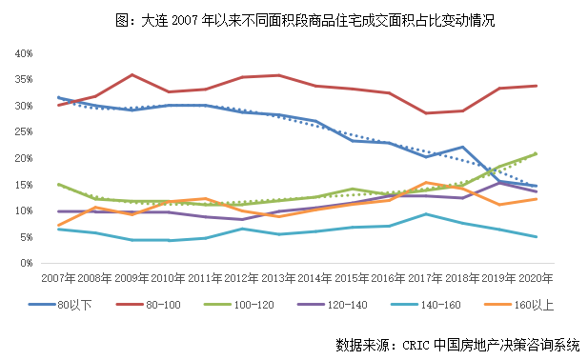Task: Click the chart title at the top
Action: point(294,18)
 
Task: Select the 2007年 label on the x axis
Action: point(58,277)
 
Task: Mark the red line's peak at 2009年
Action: point(132,74)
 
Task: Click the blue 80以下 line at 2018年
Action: point(462,148)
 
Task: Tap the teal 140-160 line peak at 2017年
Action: point(426,214)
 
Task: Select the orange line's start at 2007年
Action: point(58,225)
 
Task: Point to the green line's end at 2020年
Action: point(537,153)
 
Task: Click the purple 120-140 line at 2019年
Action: point(499,182)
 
